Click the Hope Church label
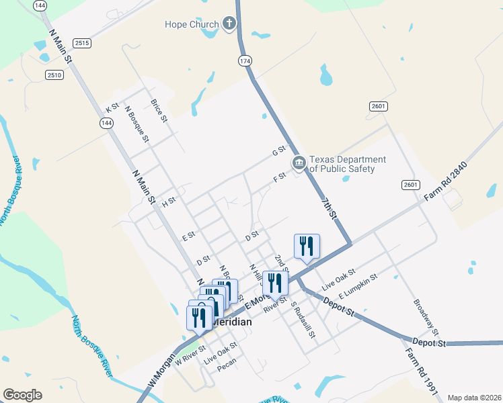pyautogui.click(x=192, y=25)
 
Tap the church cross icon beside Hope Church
pyautogui.click(x=229, y=24)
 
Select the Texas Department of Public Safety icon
pyautogui.click(x=299, y=163)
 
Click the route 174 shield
pyautogui.click(x=245, y=61)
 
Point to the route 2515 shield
pyautogui.click(x=82, y=43)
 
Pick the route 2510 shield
pyautogui.click(x=55, y=75)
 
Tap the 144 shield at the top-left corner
pyautogui.click(x=40, y=5)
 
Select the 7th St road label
pyautogui.click(x=327, y=209)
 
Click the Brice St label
pyautogui.click(x=159, y=111)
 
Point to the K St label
pyautogui.click(x=112, y=107)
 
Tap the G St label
pyautogui.click(x=278, y=152)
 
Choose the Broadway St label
pyautogui.click(x=426, y=317)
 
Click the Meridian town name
pyautogui.click(x=231, y=322)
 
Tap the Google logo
pyautogui.click(x=22, y=395)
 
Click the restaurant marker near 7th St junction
pyautogui.click(x=307, y=245)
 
